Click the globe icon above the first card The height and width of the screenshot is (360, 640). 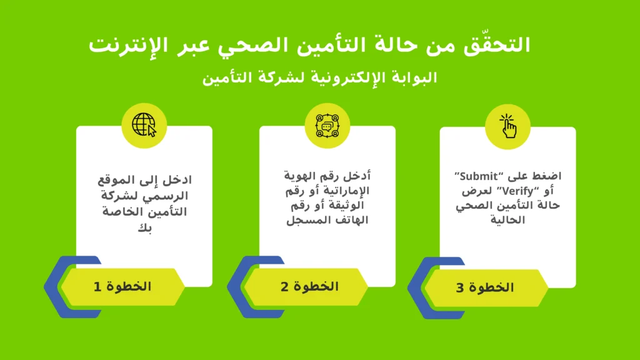pos(144,126)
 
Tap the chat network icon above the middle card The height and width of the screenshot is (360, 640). pos(327,126)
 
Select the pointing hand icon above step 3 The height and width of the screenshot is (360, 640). pos(507,126)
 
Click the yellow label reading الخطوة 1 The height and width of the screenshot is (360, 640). pos(122,287)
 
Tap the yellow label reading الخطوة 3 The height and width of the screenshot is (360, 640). pos(485,288)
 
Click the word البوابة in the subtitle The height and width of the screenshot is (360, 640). pos(411,78)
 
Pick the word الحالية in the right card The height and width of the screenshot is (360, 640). pos(508,220)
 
